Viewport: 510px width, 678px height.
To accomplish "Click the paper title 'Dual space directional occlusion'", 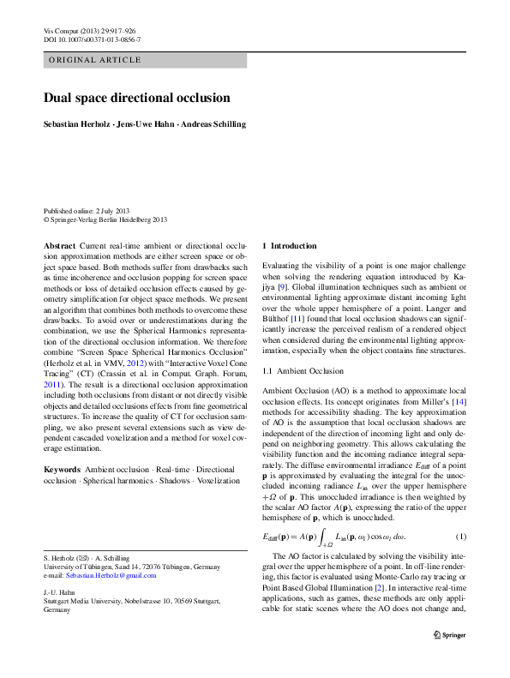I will point(136,98).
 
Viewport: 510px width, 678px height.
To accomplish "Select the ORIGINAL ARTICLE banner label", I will point(85,60).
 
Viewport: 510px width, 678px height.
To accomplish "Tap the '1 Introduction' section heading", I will point(289,246).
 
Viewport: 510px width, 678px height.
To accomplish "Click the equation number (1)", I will point(460,537).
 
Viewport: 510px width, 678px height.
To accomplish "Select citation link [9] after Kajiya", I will point(281,288).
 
